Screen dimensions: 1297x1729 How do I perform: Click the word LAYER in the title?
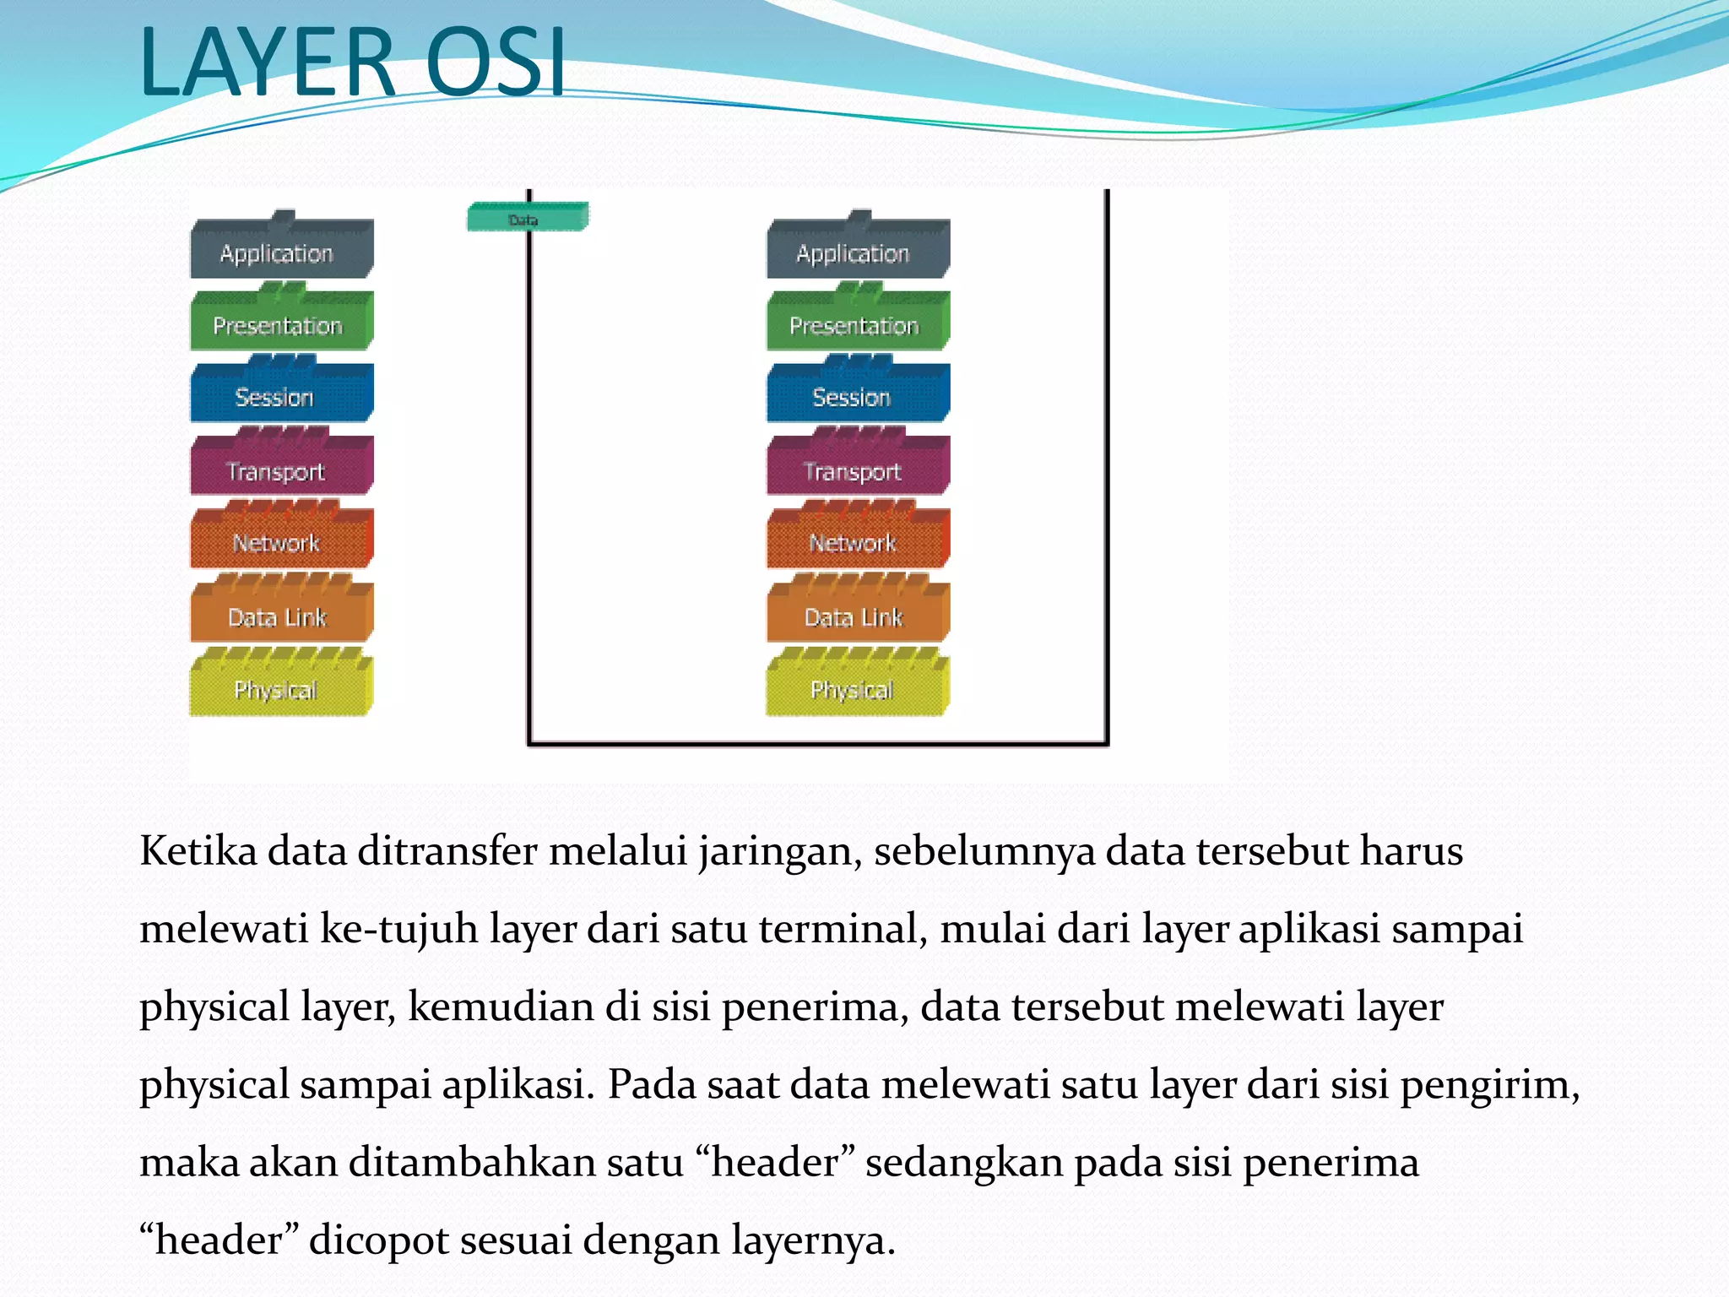[267, 61]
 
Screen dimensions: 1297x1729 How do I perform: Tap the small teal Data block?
[527, 218]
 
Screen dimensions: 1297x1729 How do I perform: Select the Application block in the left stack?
[281, 252]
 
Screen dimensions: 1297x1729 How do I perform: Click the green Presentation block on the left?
[281, 324]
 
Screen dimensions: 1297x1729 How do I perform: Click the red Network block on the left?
[281, 541]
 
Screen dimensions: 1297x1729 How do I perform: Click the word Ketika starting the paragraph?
[198, 850]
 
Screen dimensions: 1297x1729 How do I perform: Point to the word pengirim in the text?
[1489, 1085]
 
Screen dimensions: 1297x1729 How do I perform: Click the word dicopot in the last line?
[379, 1240]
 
